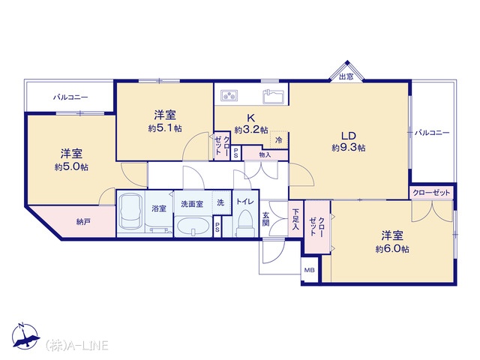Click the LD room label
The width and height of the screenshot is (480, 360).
348,136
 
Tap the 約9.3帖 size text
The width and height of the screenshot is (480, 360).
348,148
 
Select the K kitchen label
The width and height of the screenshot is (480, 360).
251,118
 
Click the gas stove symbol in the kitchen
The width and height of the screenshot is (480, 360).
229,95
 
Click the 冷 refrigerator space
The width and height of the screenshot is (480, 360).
279,140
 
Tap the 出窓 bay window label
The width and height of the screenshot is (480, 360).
346,76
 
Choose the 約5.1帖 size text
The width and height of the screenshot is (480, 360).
165,128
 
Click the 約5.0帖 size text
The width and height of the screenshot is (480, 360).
72,166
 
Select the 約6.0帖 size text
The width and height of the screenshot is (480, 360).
392,249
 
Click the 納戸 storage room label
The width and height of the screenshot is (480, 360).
83,222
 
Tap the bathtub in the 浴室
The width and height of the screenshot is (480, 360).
131,212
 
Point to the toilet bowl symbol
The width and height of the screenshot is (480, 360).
245,223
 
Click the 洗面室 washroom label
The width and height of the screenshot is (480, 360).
192,203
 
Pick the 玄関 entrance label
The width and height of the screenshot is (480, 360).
265,219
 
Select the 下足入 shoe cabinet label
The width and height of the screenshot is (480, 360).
295,219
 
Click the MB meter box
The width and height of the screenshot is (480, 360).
310,270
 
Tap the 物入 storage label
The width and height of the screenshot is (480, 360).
265,155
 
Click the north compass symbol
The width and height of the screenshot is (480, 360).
25,336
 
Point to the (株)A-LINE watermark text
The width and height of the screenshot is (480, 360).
76,345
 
